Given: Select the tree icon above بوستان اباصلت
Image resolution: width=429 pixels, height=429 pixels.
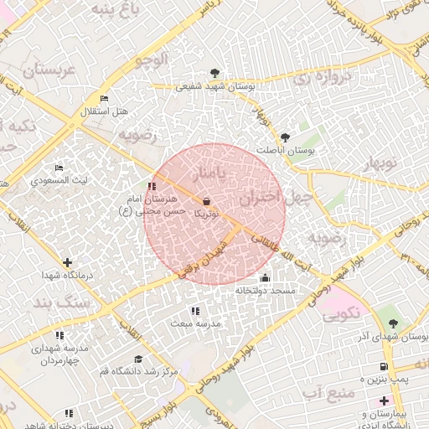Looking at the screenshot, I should coord(286,137).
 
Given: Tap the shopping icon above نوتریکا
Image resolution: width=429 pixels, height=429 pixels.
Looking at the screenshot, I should coord(207,201).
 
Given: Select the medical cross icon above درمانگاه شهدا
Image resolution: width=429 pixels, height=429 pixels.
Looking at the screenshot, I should coord(67,262).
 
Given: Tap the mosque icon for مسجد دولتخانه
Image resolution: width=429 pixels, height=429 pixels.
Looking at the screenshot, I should coord(266,278).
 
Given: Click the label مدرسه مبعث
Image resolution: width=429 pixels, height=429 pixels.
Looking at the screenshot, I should coord(194,323).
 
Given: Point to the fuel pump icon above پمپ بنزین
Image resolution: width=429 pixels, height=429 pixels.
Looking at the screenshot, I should coord(383,366).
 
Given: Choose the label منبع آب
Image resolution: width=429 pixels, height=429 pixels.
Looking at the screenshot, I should coord(323,392).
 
